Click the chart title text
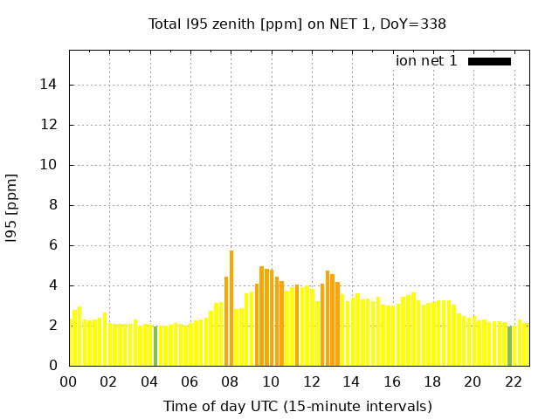coord(297,24)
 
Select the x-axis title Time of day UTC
coord(297,406)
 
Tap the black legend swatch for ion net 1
coord(489,61)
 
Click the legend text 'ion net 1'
coord(426,61)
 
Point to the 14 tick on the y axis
coord(51,85)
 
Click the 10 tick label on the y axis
coord(51,165)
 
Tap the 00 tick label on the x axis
coord(69,382)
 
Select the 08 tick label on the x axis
coord(231,382)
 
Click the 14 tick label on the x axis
coord(351,382)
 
